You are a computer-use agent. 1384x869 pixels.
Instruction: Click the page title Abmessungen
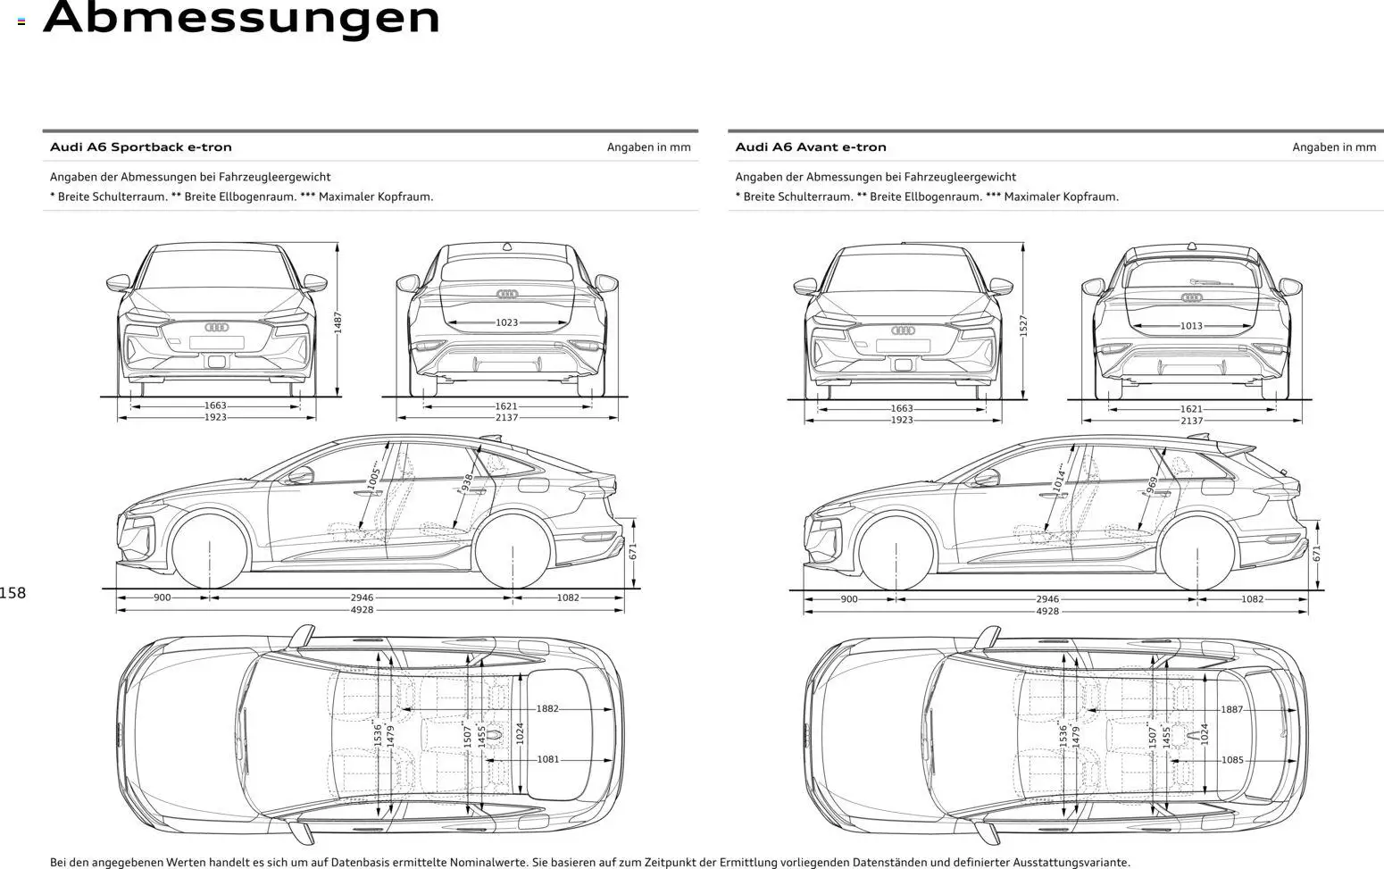[x=241, y=18]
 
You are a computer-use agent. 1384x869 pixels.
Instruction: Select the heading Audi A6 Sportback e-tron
[x=140, y=147]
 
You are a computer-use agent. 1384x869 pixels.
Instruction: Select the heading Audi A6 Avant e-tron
[x=811, y=147]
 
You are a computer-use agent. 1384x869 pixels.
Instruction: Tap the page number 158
[x=13, y=593]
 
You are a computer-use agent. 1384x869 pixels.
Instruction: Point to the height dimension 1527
[x=1023, y=325]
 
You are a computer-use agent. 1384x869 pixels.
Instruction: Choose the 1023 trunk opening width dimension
[x=506, y=322]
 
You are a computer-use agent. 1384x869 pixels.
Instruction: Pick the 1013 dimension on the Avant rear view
[x=1191, y=326]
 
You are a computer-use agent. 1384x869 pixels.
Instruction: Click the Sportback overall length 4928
[x=362, y=610]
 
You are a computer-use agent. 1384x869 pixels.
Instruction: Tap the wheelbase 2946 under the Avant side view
[x=1047, y=599]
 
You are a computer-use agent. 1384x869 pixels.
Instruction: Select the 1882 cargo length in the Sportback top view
[x=547, y=708]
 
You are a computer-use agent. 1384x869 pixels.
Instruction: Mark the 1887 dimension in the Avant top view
[x=1232, y=709]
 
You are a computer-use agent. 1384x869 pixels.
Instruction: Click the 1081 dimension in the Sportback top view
[x=548, y=759]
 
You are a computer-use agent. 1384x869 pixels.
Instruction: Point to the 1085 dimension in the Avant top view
[x=1232, y=760]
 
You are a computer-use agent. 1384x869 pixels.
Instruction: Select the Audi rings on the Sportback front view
[x=217, y=328]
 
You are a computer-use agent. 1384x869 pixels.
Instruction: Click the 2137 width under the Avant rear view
[x=1191, y=421]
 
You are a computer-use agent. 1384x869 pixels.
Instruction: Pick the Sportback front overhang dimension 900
[x=162, y=597]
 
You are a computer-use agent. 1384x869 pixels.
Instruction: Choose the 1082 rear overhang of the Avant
[x=1252, y=599]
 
